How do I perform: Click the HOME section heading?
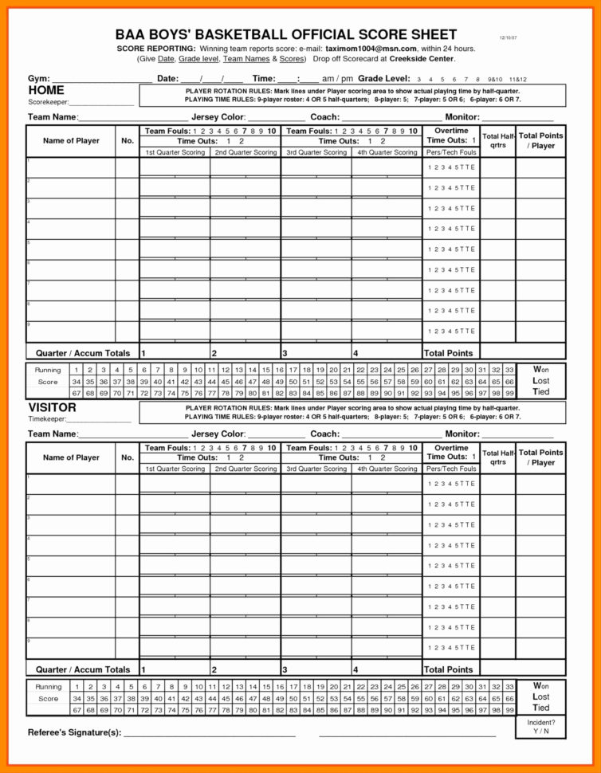pos(46,91)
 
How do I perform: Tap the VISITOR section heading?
pos(53,407)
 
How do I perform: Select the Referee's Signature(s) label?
pos(74,732)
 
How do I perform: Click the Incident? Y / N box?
pos(541,727)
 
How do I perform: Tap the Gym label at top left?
pos(38,79)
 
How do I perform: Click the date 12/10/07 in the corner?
pos(508,37)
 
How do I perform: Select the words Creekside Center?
pos(422,59)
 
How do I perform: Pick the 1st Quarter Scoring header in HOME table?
pos(175,152)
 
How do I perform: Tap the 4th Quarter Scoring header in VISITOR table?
pos(387,469)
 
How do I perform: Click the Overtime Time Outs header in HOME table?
pos(450,135)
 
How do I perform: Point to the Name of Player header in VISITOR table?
pos(71,457)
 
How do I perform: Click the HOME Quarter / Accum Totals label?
pos(83,353)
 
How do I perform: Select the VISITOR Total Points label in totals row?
pos(449,669)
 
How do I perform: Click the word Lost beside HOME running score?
pos(541,381)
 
